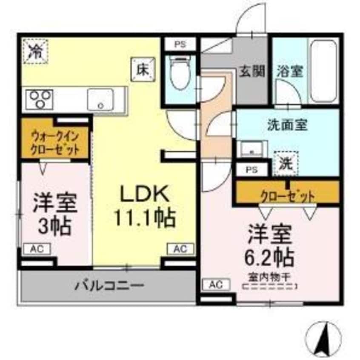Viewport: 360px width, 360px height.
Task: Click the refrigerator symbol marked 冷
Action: tap(35, 51)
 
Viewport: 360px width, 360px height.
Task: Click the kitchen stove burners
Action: tap(39, 100)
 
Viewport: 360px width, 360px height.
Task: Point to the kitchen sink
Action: tap(100, 100)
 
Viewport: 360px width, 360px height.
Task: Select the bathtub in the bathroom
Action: tap(323, 71)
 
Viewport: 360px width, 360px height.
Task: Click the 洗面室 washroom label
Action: tap(287, 126)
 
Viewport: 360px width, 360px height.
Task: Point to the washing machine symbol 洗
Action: tap(286, 162)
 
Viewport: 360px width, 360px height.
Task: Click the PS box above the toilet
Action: tap(179, 43)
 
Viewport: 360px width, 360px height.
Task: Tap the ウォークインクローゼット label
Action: tap(55, 143)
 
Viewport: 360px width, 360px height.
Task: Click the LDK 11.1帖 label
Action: tap(144, 206)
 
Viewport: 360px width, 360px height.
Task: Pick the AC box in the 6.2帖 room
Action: tap(216, 284)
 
